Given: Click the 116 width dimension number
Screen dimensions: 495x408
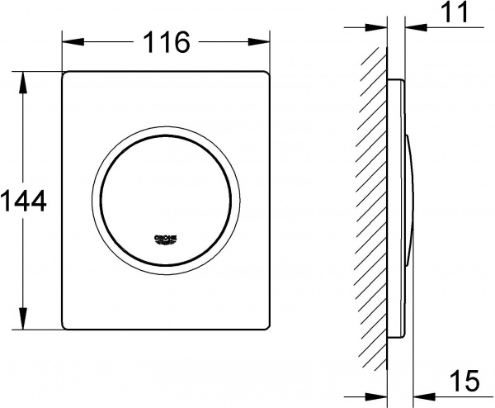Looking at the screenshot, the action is [167, 42].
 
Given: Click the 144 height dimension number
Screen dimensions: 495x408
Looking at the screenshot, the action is [24, 201].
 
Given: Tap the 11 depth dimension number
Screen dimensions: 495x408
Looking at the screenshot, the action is [456, 12].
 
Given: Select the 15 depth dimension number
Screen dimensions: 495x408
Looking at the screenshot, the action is [464, 380].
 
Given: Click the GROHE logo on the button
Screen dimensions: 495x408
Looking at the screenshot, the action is [166, 240].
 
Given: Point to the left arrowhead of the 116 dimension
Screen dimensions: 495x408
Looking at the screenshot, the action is [73, 42].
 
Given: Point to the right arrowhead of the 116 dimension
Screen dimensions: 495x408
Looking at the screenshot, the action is [259, 42].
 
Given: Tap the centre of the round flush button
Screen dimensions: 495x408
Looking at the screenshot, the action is [166, 201].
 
